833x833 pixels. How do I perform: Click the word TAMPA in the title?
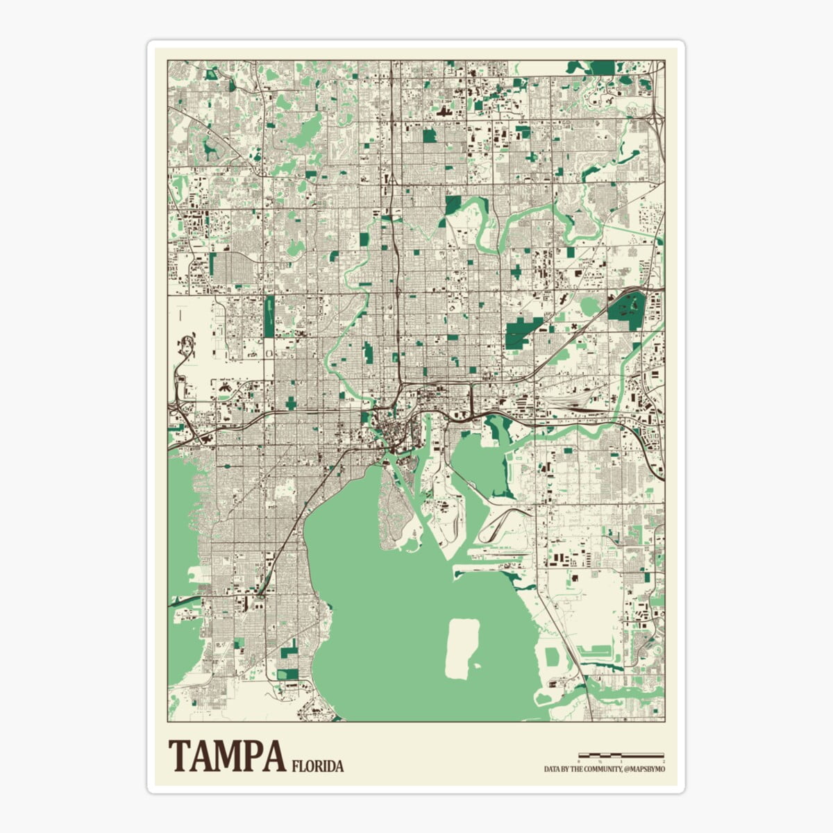[x=226, y=756]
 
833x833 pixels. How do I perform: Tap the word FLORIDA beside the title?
[x=318, y=766]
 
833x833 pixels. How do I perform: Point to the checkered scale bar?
[x=621, y=755]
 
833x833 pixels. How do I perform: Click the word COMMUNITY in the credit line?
[x=602, y=769]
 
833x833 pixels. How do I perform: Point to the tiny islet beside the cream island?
[x=478, y=666]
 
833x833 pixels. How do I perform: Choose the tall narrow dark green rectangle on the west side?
[x=269, y=316]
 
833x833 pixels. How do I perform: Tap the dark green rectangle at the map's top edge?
[x=602, y=67]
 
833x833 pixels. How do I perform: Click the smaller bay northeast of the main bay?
[x=479, y=462]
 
